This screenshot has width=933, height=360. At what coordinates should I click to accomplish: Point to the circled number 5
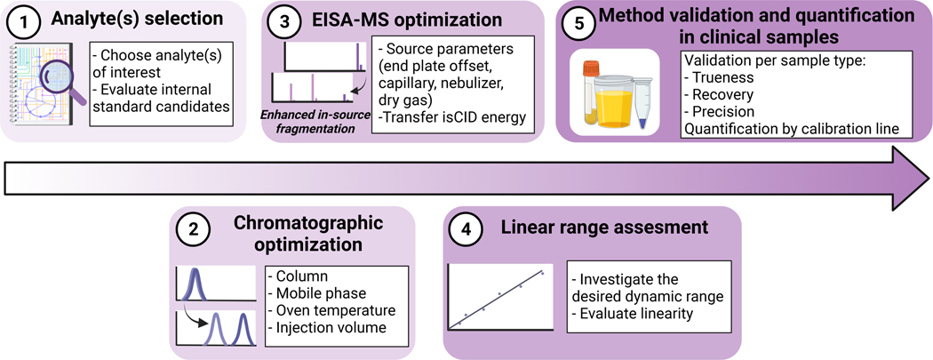[x=580, y=27]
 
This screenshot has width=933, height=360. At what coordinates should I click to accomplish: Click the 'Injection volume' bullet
[x=328, y=327]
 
